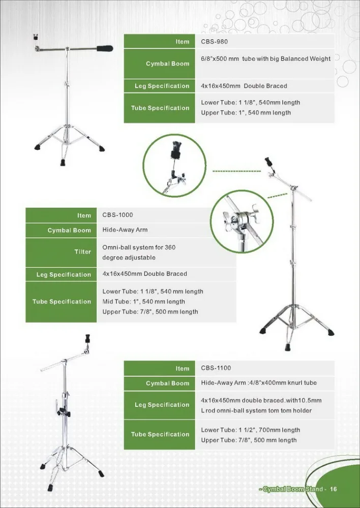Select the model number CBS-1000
click(117, 215)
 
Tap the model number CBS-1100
click(216, 368)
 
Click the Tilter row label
click(83, 251)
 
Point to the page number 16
click(334, 489)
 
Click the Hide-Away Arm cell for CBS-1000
click(125, 230)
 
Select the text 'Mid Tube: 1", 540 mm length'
click(144, 301)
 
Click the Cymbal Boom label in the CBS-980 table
click(167, 63)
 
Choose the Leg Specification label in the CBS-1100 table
click(162, 405)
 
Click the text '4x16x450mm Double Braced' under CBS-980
click(244, 86)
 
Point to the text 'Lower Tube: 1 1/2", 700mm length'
click(251, 430)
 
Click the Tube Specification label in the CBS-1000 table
click(62, 301)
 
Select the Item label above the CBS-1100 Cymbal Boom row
click(182, 368)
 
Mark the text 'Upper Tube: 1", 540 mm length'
click(246, 112)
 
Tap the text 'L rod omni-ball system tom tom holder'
click(256, 410)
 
